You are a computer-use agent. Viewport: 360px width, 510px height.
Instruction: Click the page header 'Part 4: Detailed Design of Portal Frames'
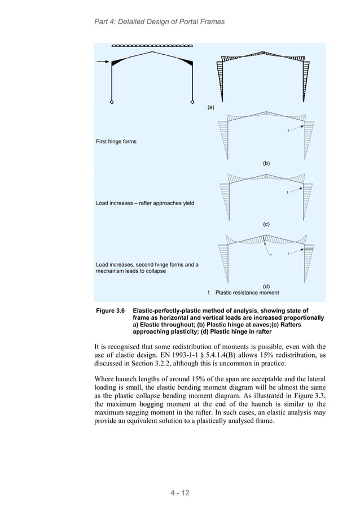pyautogui.click(x=159, y=21)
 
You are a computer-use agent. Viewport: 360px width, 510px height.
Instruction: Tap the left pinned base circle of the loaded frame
pyautogui.click(x=112, y=102)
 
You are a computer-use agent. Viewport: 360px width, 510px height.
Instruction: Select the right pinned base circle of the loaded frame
pyautogui.click(x=192, y=102)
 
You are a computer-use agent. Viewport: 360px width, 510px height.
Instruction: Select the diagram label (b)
pyautogui.click(x=267, y=163)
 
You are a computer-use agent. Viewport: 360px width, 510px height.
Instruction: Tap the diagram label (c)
pyautogui.click(x=267, y=224)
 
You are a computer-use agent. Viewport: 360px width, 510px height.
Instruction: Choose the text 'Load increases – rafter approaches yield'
pyautogui.click(x=145, y=203)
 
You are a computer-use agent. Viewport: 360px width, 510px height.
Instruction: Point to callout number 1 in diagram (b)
pyautogui.click(x=288, y=132)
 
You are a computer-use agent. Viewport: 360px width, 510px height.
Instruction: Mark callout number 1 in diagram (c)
pyautogui.click(x=288, y=193)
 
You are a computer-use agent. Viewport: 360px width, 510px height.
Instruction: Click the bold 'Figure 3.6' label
pyautogui.click(x=112, y=311)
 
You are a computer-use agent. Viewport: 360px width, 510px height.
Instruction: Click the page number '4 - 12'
pyautogui.click(x=179, y=492)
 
